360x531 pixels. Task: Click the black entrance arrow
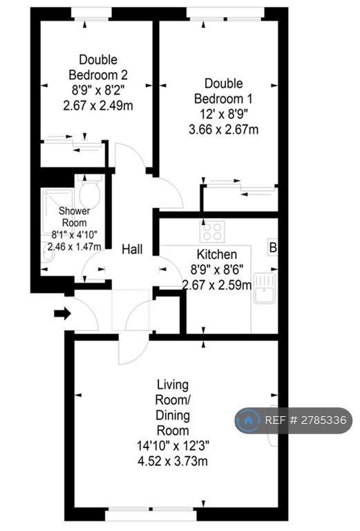click(x=63, y=314)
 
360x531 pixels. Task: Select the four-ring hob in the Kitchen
click(x=212, y=232)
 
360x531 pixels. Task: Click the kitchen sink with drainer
click(x=265, y=288)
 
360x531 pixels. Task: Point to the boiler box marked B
click(x=273, y=248)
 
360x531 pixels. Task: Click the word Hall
click(x=132, y=250)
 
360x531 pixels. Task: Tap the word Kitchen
click(x=216, y=254)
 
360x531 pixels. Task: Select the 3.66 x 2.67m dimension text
click(x=223, y=129)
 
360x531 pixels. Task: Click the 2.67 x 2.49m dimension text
click(x=98, y=106)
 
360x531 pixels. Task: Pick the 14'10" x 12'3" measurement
click(x=173, y=446)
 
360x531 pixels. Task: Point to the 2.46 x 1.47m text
click(x=75, y=247)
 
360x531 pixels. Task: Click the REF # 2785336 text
click(x=305, y=420)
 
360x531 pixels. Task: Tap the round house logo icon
click(x=248, y=420)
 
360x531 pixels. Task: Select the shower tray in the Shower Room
click(x=57, y=212)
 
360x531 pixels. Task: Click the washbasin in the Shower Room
click(x=48, y=253)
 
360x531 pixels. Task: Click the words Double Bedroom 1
click(x=223, y=91)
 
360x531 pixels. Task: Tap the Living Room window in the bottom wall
click(x=151, y=514)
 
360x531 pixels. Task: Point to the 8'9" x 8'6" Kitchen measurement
click(x=217, y=270)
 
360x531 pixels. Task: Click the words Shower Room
click(x=75, y=216)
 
